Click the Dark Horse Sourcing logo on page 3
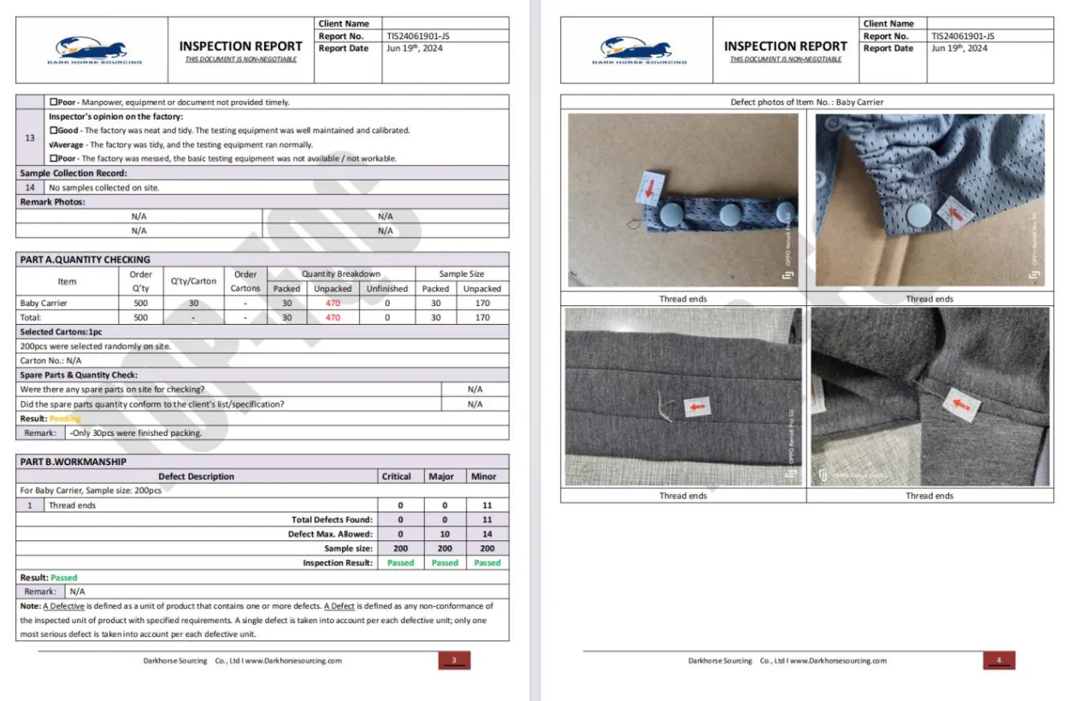click(x=94, y=49)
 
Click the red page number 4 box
click(x=999, y=660)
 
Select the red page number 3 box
click(x=454, y=660)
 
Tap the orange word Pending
click(x=65, y=419)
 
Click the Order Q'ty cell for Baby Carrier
click(x=140, y=303)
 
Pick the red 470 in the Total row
click(x=333, y=317)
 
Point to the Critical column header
click(x=396, y=476)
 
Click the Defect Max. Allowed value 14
click(x=487, y=534)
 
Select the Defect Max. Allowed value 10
click(x=445, y=534)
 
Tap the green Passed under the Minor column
click(x=487, y=563)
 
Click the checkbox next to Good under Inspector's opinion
click(x=53, y=131)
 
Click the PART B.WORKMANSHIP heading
click(x=73, y=462)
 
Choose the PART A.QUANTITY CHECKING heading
click(x=85, y=260)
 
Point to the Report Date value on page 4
click(x=959, y=49)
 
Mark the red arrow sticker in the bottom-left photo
click(x=698, y=408)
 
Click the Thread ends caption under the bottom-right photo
click(x=929, y=496)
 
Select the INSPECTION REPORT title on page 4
click(x=785, y=46)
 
